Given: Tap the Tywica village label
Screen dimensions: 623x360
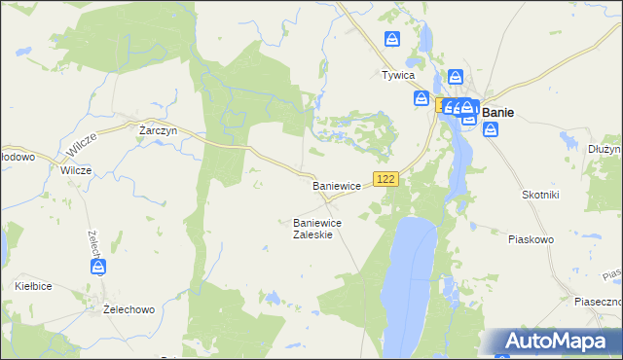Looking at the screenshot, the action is click(398, 75).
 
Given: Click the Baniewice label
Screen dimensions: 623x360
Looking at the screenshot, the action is click(337, 185).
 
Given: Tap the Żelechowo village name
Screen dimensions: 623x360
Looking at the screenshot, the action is click(129, 309).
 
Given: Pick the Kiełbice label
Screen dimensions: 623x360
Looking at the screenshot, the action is click(33, 286).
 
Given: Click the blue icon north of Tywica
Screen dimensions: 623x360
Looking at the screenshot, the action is click(391, 39).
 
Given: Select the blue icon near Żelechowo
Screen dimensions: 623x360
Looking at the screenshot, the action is click(98, 266).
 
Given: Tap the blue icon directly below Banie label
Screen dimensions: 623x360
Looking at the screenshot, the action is click(490, 128).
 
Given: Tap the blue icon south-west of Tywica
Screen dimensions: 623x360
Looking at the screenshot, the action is click(421, 98).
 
